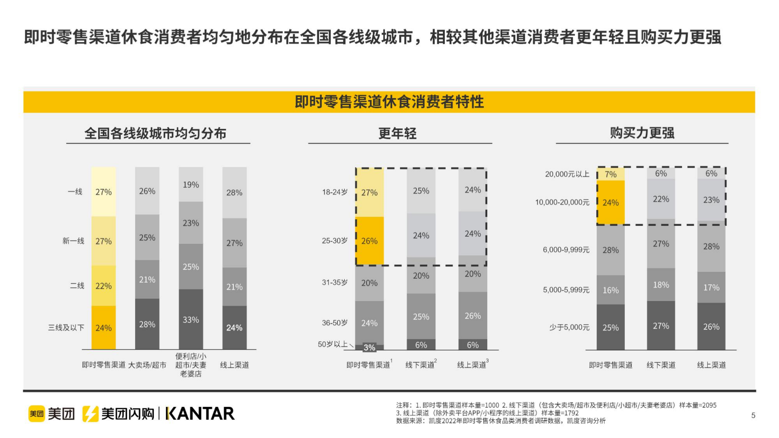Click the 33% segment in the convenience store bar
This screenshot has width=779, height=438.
(190, 319)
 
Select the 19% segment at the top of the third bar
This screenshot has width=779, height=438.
(190, 184)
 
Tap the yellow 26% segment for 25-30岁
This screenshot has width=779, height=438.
(369, 241)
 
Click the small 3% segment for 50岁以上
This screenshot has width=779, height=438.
(369, 347)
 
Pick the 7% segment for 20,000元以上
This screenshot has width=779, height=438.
(610, 174)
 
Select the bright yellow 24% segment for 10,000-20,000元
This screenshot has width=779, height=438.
(610, 203)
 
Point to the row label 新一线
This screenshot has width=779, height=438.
(73, 241)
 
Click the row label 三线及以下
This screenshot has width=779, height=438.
(66, 328)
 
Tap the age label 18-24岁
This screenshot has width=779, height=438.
(334, 192)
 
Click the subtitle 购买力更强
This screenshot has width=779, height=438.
(642, 133)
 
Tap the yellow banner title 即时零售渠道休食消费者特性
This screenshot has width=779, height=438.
(389, 102)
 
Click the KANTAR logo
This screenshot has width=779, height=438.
(200, 413)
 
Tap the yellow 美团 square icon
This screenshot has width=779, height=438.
(36, 413)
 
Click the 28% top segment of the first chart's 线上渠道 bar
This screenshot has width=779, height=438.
(234, 192)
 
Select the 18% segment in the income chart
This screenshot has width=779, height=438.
(661, 285)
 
